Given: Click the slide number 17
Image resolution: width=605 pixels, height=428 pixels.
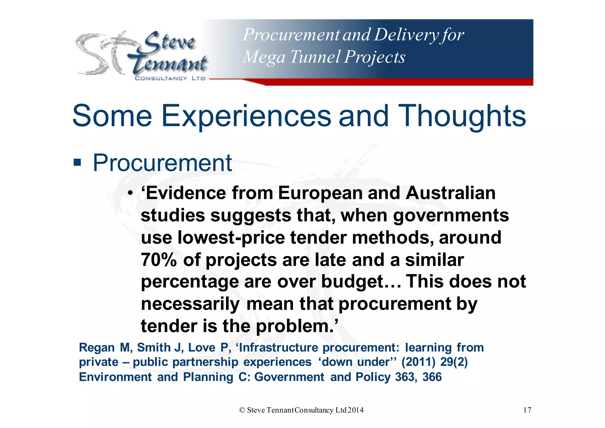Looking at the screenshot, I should point(527,410).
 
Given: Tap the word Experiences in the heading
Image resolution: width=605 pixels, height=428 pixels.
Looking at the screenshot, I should point(246,116).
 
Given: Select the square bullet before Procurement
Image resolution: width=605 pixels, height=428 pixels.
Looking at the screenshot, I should point(77,162).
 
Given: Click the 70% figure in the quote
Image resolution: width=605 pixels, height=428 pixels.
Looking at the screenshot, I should point(159,260).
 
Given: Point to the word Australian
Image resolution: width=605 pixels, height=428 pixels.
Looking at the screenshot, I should point(451,193).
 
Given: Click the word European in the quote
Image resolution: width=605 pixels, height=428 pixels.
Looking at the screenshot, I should point(320,193).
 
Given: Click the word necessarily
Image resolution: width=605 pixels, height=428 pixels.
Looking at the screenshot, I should point(190,304).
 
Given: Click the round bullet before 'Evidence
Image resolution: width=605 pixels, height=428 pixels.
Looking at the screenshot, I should point(130,194).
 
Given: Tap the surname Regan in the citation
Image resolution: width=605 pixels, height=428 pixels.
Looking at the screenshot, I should point(97,348).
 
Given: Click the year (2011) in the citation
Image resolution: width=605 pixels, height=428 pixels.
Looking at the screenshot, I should point(418,362).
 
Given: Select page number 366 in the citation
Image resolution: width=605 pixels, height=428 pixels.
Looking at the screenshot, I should point(432,377).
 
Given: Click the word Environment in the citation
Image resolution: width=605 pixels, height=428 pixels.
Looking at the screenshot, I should point(115,377).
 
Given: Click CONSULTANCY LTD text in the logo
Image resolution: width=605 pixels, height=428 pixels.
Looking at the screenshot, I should point(170,78).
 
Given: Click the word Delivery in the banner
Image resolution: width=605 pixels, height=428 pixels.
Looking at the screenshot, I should point(406,35).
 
